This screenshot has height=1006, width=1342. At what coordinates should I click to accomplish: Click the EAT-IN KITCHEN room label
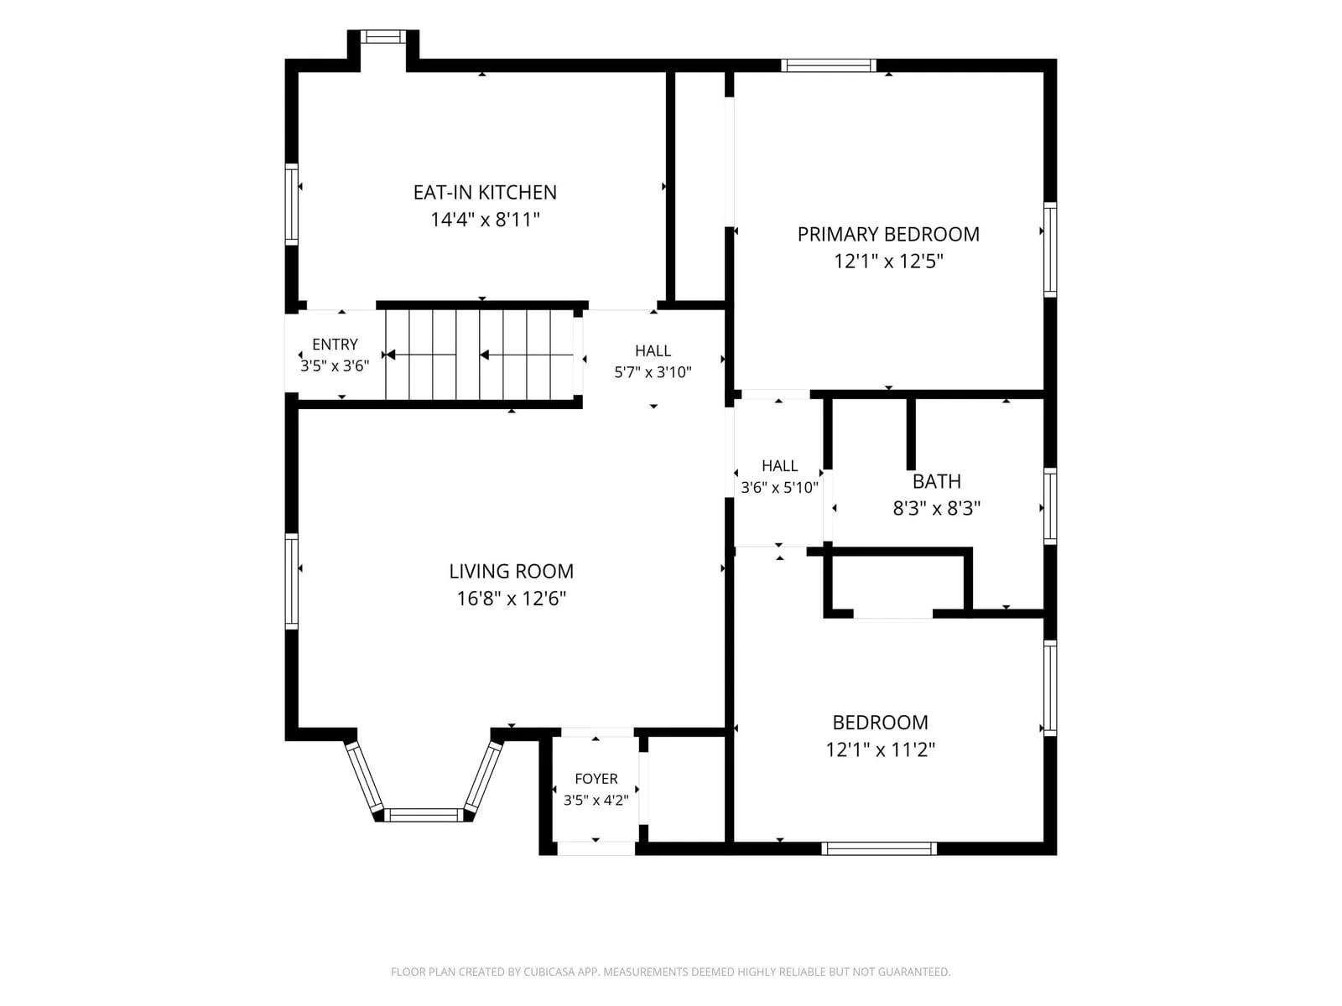(x=485, y=193)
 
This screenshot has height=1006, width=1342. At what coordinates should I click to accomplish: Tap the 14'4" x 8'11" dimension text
(x=485, y=220)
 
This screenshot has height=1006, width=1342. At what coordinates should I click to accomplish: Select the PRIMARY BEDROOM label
(x=887, y=235)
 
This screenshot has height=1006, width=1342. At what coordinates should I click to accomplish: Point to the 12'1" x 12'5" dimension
(x=888, y=262)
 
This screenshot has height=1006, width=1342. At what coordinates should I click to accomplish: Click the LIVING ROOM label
(x=511, y=571)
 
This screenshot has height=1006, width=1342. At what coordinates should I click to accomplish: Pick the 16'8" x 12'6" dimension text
(x=511, y=598)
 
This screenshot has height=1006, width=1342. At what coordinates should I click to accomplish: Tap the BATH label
(x=937, y=481)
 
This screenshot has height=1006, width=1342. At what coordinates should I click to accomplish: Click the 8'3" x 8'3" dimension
(x=937, y=508)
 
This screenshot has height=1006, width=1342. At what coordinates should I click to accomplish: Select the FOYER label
(x=596, y=779)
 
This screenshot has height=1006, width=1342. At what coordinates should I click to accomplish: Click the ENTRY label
(x=335, y=345)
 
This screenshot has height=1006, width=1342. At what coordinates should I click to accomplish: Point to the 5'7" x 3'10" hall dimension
(x=653, y=372)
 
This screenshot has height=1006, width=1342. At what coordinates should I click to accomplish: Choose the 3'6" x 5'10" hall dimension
(x=779, y=487)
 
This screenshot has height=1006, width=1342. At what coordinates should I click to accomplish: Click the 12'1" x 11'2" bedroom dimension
(x=881, y=749)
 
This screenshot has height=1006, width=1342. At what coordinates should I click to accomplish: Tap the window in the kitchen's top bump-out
(x=382, y=37)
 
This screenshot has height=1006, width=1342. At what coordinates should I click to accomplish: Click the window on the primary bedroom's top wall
(x=829, y=65)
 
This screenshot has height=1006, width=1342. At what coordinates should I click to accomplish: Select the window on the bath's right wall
(x=1050, y=506)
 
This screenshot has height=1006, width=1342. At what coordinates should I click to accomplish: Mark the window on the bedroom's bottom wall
(x=878, y=848)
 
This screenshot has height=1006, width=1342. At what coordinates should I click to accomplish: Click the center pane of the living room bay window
(x=424, y=815)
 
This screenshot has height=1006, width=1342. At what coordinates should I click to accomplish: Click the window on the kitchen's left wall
(x=292, y=205)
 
